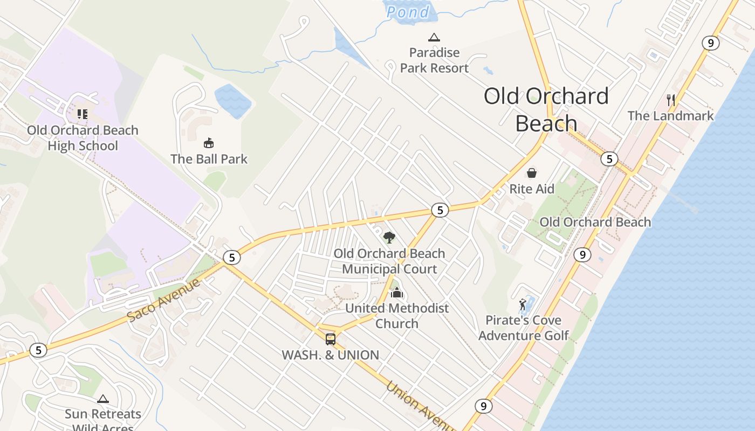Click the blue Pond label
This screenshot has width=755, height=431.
point(409,12)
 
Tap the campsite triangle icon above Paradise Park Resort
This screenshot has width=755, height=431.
point(434,37)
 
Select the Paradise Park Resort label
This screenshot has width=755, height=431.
point(434,60)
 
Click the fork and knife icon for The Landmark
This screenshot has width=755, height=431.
point(671,100)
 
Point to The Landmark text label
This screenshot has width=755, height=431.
point(670,116)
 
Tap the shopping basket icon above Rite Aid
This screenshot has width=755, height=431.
point(532,173)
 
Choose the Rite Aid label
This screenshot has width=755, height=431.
point(532,189)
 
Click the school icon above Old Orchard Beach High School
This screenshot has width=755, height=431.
point(82,114)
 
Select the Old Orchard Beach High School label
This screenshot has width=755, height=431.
point(83,138)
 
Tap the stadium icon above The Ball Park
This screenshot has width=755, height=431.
point(209,143)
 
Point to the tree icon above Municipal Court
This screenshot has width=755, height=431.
point(389,237)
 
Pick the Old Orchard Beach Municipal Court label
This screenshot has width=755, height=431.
point(389,261)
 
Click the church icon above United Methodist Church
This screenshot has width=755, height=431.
point(397,293)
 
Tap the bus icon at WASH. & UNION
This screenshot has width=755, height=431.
point(331,339)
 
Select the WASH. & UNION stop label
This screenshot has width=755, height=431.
point(330,355)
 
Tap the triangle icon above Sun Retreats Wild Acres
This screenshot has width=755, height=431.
point(102,399)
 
